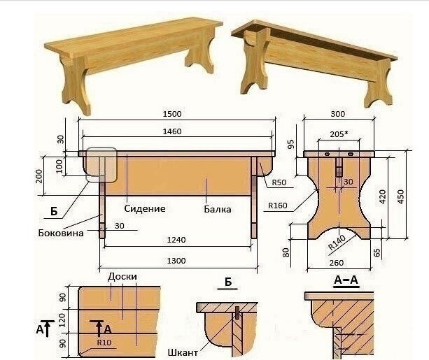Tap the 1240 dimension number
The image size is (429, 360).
coord(176,240)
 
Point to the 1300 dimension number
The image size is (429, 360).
coord(176,261)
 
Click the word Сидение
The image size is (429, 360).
coord(145,208)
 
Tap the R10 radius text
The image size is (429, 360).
coord(104,342)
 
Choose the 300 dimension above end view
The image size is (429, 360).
coord(338,114)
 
